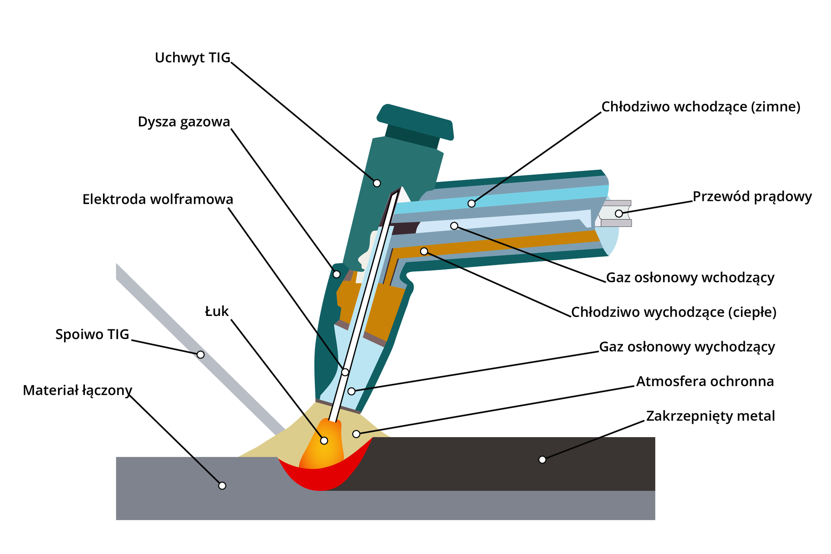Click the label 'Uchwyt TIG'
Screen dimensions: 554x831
(x=193, y=58)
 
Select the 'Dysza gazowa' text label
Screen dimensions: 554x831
(x=184, y=122)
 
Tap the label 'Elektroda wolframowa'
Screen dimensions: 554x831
(x=158, y=200)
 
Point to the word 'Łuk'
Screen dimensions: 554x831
(x=217, y=312)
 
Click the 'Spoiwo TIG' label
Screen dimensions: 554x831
(x=92, y=335)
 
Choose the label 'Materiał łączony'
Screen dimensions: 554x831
(x=77, y=390)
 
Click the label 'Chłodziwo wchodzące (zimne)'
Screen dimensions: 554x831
(x=701, y=107)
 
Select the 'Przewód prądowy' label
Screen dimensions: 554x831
(x=752, y=197)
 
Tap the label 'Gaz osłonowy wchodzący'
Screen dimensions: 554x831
(x=690, y=278)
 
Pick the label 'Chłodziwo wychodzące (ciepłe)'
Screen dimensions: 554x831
(x=673, y=312)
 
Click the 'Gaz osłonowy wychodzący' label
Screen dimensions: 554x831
(x=687, y=347)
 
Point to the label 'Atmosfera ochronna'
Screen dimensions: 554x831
(x=705, y=382)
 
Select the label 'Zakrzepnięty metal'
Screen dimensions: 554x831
(x=710, y=416)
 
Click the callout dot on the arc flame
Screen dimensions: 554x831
(x=324, y=441)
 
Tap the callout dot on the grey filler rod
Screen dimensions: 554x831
(x=200, y=354)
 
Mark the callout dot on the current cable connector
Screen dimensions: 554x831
(x=619, y=213)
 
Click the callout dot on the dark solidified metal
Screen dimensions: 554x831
(x=542, y=459)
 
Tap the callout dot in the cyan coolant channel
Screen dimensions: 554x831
(x=472, y=203)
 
